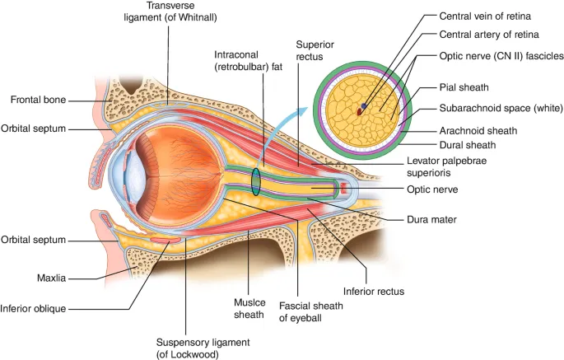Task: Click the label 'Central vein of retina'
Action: coord(484,16)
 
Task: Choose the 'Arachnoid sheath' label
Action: coord(478,130)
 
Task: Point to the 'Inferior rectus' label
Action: coord(373,291)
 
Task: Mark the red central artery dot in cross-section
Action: coord(359,110)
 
